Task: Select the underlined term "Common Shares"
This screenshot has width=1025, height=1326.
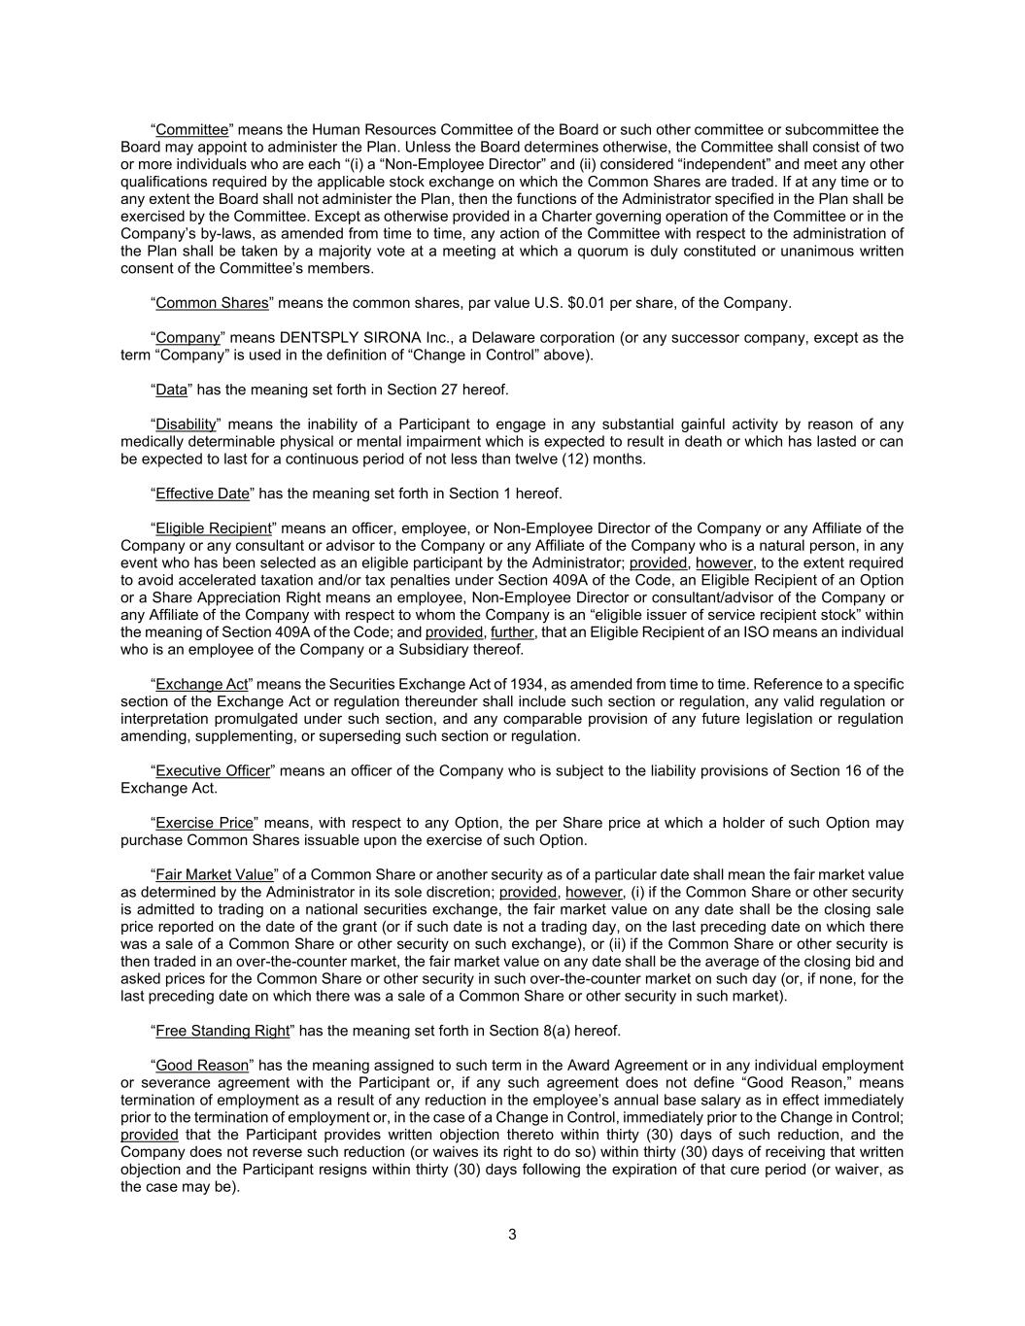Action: coord(212,303)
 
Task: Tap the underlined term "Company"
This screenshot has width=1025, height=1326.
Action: coord(188,338)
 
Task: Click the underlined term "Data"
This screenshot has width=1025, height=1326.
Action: coord(171,390)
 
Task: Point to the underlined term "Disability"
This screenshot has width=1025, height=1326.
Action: coord(186,425)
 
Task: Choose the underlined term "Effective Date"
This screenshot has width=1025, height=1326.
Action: coord(203,493)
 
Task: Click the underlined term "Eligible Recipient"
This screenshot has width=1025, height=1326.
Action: coord(214,528)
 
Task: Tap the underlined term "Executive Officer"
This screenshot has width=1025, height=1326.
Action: coord(213,771)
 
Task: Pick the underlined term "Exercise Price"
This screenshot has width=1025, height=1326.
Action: coord(204,823)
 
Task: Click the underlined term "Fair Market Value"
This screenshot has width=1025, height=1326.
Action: coord(215,875)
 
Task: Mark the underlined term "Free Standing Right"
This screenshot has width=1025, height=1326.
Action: coord(222,1031)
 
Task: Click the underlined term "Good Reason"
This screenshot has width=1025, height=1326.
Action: coord(203,1066)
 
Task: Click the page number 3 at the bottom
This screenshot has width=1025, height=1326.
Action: coord(512,1236)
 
